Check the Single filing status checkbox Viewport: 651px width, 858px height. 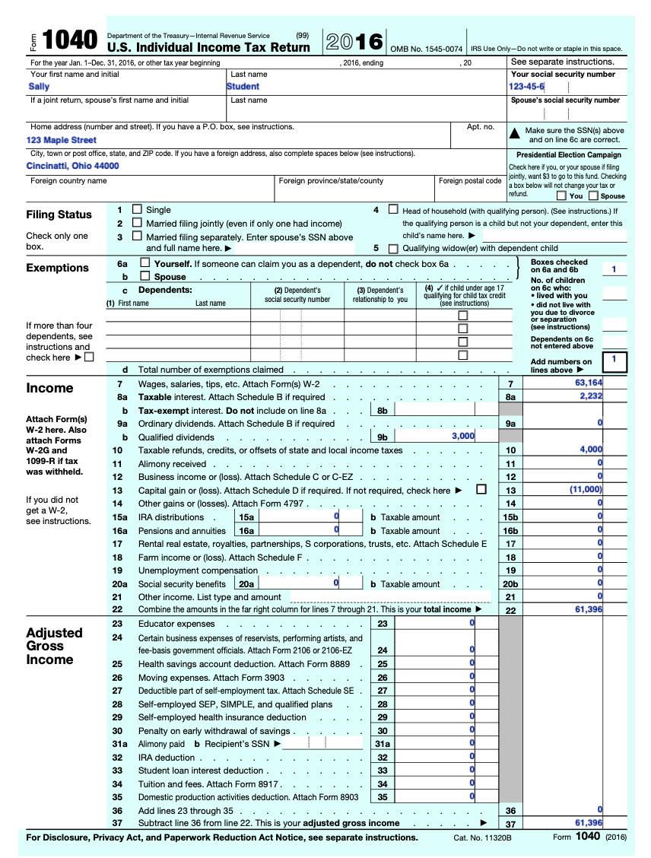pos(138,209)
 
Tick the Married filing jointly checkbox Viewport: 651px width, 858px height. pos(138,223)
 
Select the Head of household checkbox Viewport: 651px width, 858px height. pos(393,209)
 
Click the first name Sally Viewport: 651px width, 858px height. pos(39,87)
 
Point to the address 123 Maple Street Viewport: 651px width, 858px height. pos(62,140)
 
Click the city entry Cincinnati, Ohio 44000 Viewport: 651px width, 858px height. pos(73,166)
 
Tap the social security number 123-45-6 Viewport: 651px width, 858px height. pos(526,87)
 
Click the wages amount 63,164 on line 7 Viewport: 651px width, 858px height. pos(589,383)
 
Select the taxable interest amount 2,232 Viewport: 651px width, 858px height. pos(591,396)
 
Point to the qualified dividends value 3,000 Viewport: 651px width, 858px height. pos(462,436)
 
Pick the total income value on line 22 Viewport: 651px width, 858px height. pos(589,609)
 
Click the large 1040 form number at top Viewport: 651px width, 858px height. pos(70,40)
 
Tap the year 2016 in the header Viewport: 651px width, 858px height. pos(354,41)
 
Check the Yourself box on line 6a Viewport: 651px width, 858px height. pos(145,262)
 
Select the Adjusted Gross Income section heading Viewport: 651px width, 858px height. pos(54,646)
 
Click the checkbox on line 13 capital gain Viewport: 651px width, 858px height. pos(481,489)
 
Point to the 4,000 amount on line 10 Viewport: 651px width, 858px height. pos(591,450)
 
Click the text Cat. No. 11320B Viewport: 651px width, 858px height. pos(482,837)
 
